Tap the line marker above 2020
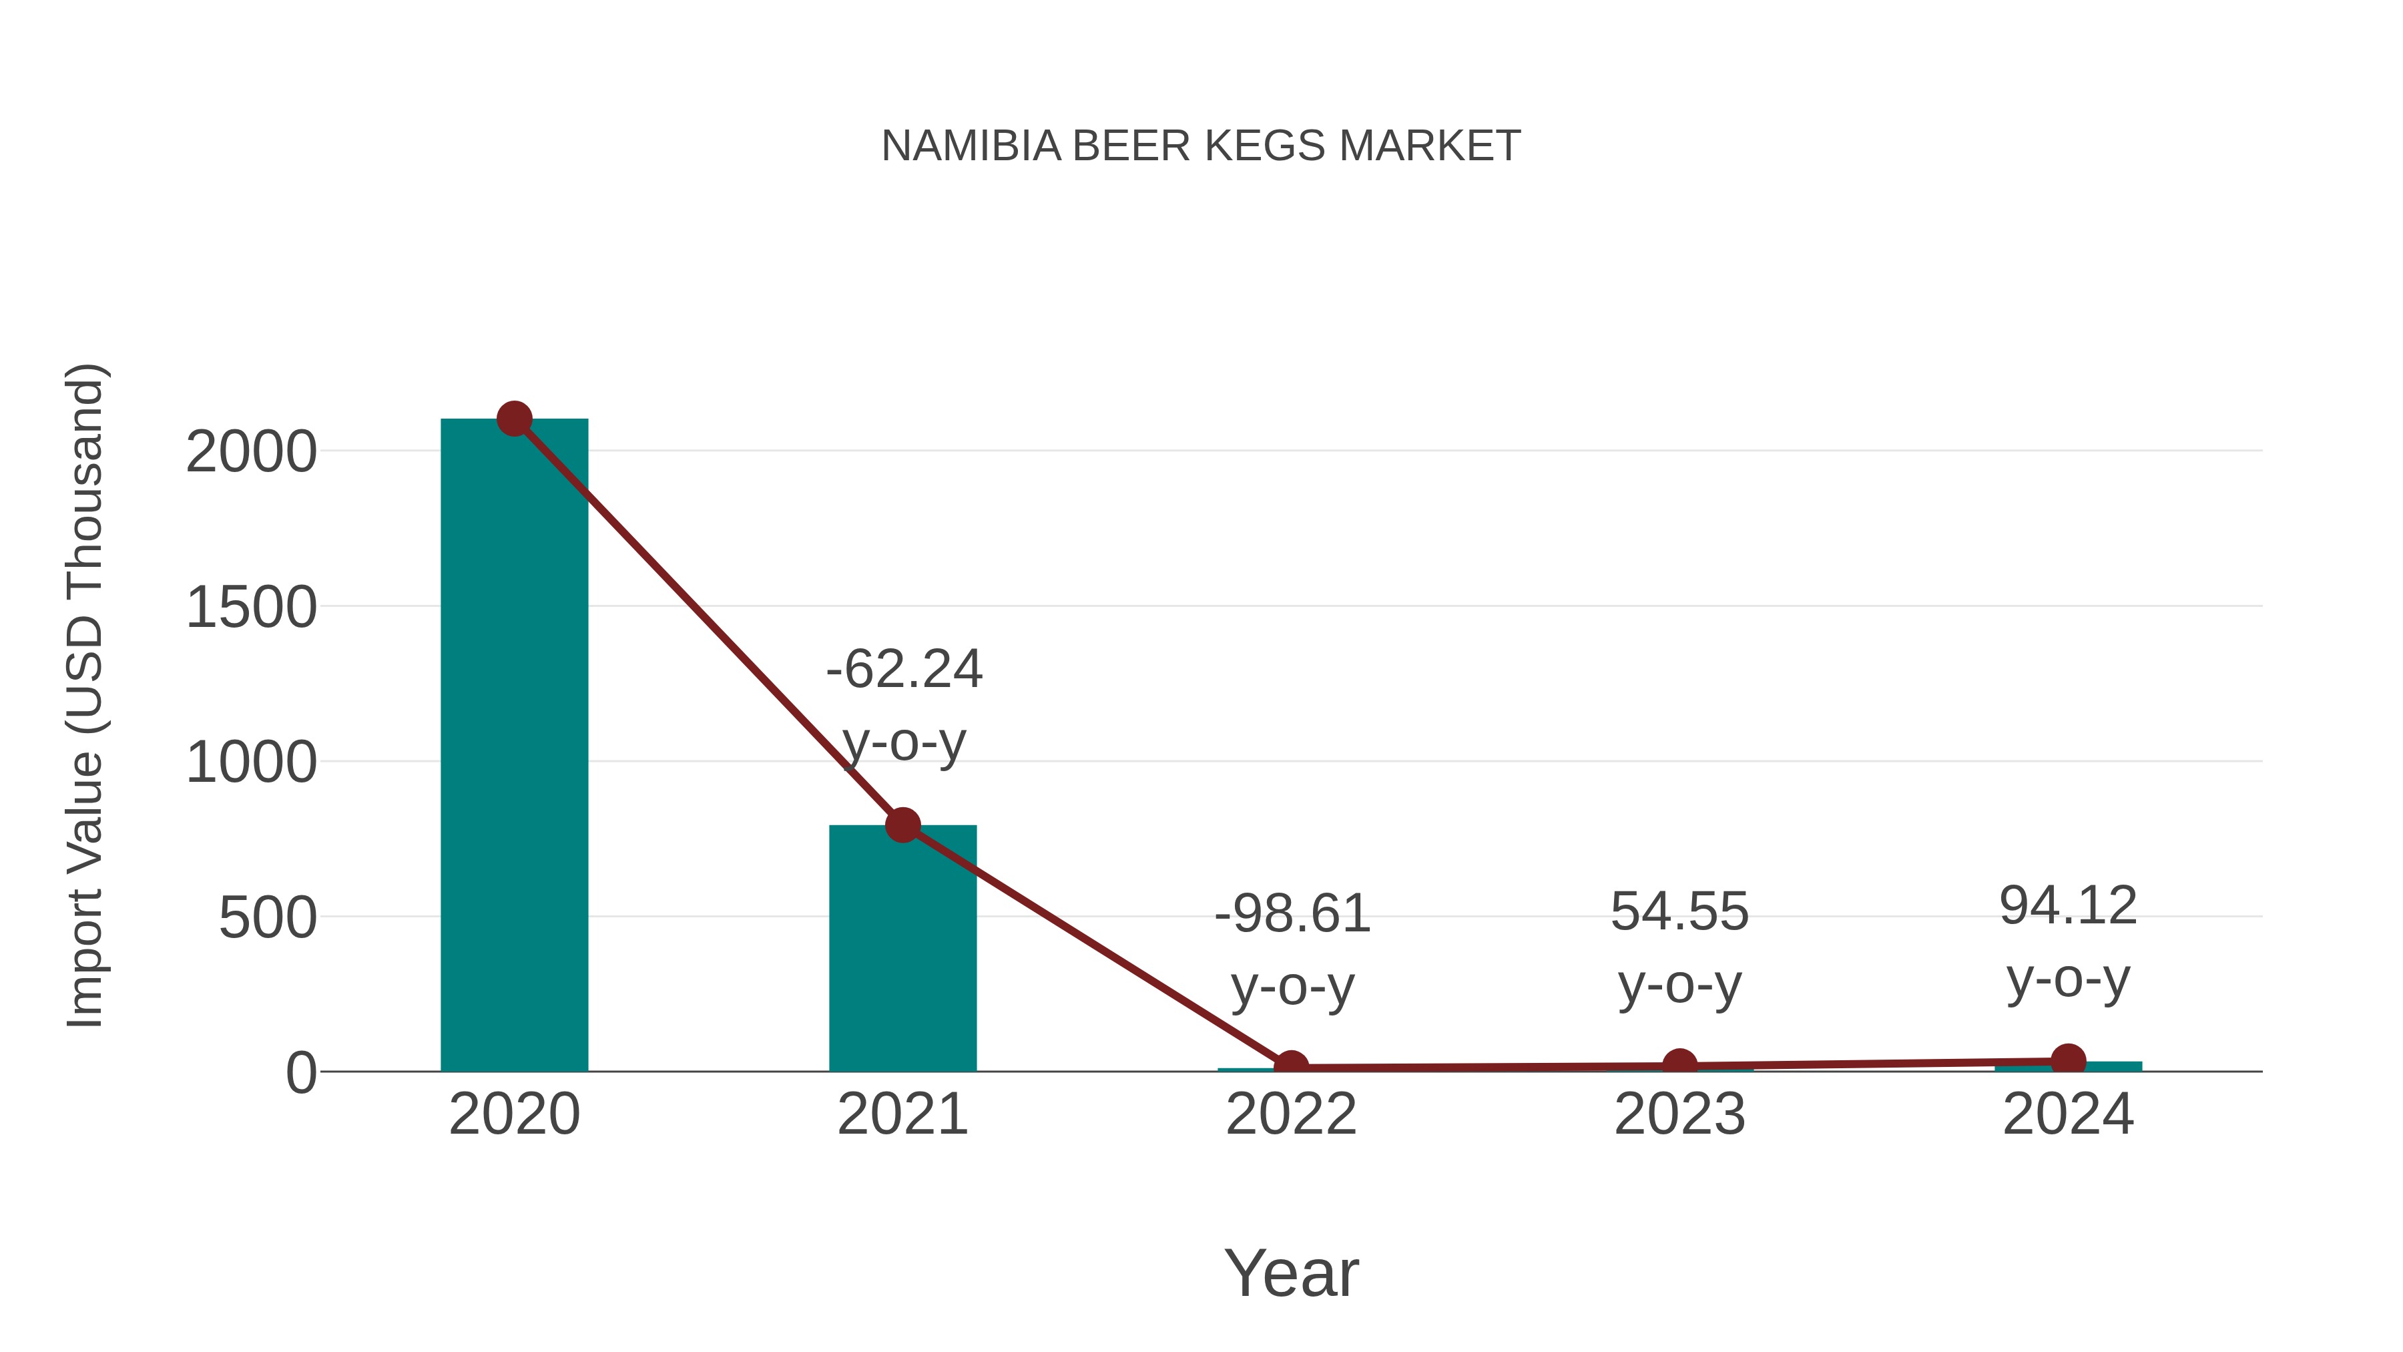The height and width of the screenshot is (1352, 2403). pos(514,419)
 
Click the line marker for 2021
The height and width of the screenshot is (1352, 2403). pos(902,825)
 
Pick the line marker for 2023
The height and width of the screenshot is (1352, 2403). pos(1679,1065)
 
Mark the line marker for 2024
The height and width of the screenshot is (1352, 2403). pos(2068,1060)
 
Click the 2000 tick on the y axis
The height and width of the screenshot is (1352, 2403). pos(252,453)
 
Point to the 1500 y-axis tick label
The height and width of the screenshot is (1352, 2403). pos(252,608)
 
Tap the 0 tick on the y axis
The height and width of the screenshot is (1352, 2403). pos(301,1073)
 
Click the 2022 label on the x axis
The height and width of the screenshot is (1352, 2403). pos(1291,1114)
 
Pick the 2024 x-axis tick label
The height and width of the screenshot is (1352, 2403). pos(2068,1114)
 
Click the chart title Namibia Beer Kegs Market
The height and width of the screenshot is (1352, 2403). pos(1201,146)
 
